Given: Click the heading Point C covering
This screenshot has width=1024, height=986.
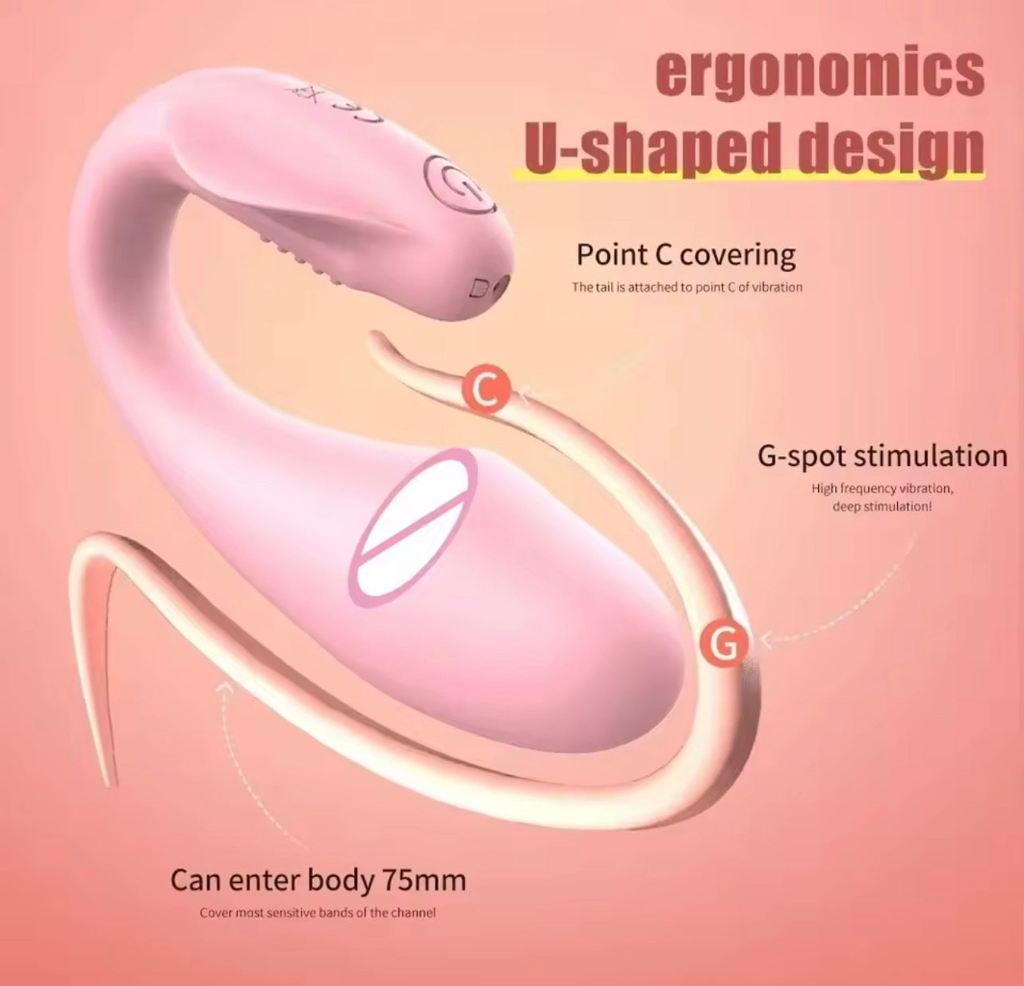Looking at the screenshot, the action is (686, 255).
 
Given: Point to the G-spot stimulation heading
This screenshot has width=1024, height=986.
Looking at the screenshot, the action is (883, 456).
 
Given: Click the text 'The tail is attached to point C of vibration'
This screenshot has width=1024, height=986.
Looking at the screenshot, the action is (687, 287).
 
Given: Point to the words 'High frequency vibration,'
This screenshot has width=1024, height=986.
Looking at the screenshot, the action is (883, 488).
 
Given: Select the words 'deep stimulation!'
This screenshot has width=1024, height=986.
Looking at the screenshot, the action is (883, 507).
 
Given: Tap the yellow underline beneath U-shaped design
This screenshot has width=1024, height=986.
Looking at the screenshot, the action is (748, 174).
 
